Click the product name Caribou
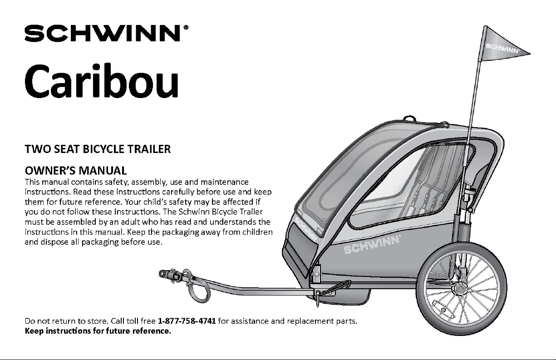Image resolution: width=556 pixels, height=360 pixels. tap(102, 81)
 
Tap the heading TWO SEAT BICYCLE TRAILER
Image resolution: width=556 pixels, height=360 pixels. tap(98, 149)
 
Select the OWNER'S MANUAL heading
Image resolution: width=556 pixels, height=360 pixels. tap(76, 171)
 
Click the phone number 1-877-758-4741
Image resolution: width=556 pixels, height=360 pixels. tap(187, 321)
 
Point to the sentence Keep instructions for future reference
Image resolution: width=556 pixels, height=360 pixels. tap(98, 331)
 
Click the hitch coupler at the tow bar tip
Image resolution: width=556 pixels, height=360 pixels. tap(170, 275)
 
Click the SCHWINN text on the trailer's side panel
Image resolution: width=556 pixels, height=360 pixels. tap(372, 245)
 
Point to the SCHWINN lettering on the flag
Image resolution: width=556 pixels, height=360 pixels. tap(502, 49)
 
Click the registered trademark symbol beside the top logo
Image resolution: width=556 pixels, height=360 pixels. tap(186, 27)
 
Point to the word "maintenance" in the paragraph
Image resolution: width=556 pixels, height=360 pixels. tap(224, 182)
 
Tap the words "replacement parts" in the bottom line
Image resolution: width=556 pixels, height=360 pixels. tap(322, 321)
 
